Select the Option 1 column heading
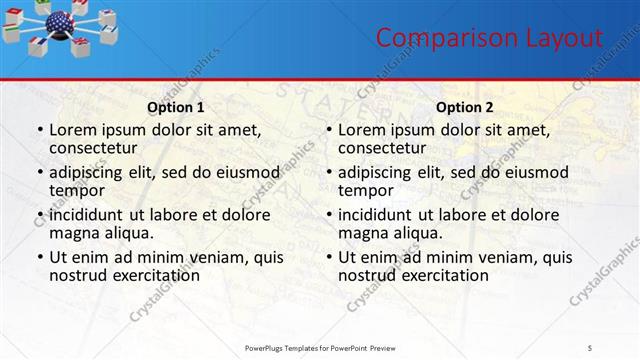[176, 106]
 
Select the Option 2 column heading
[465, 106]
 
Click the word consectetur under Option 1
[97, 148]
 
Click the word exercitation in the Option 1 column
[154, 275]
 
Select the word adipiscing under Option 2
[380, 172]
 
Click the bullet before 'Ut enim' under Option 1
[39, 258]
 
